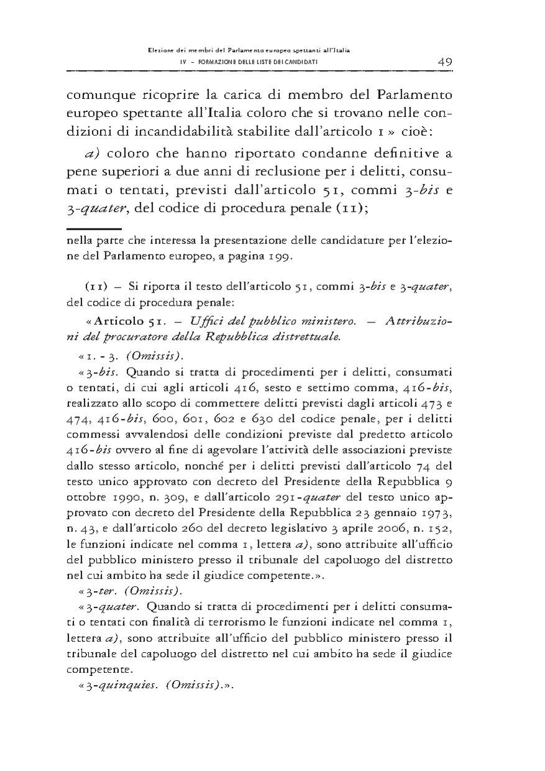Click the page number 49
pyautogui.click(x=444, y=62)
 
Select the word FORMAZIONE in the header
pyautogui.click(x=206, y=63)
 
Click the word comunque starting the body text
pyautogui.click(x=98, y=96)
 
